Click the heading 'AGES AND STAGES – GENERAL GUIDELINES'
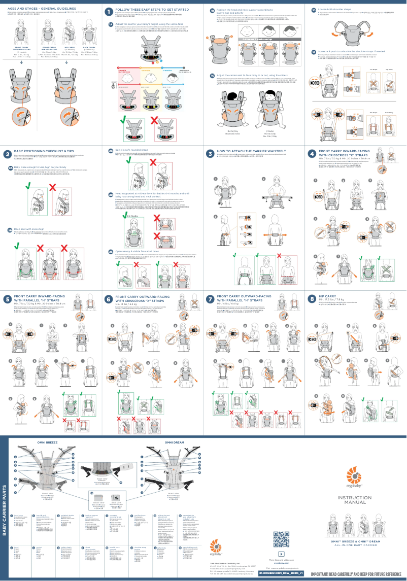(42, 9)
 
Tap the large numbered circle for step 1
(109, 11)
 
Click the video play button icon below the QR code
(282, 553)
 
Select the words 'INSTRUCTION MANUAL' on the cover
(355, 500)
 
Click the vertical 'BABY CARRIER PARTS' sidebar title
(5, 508)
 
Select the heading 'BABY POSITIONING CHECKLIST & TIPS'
(44, 151)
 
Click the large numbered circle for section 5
(7, 299)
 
